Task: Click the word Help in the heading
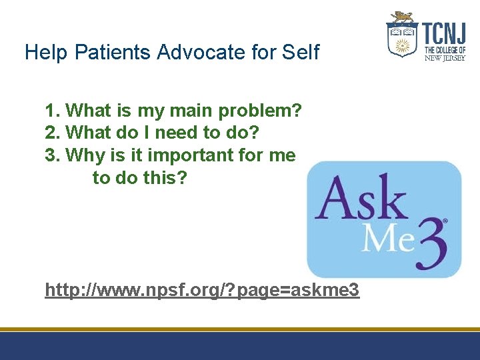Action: pyautogui.click(x=44, y=52)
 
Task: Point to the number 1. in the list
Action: pyautogui.click(x=53, y=110)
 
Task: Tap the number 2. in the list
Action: pyautogui.click(x=53, y=133)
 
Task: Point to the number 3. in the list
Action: pyautogui.click(x=53, y=155)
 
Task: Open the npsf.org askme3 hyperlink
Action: pyautogui.click(x=202, y=290)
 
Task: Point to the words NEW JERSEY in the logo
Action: pyautogui.click(x=445, y=57)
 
